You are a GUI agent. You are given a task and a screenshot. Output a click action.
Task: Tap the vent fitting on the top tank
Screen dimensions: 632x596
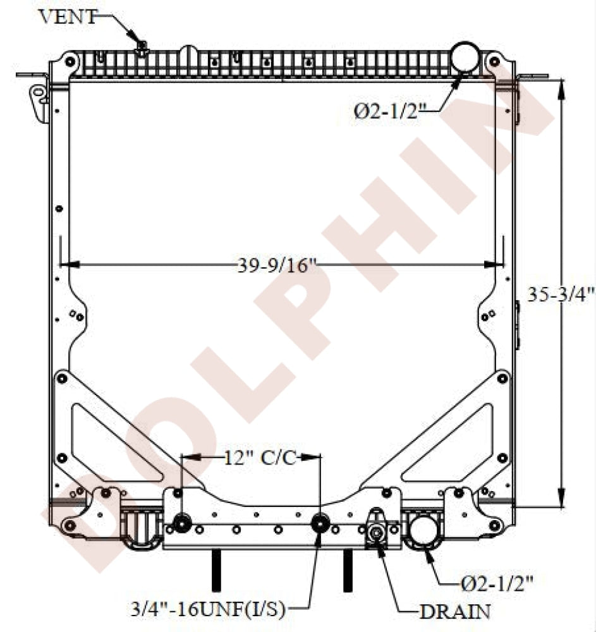[142, 46]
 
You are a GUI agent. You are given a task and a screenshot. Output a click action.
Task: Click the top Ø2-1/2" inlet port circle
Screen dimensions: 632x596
[466, 56]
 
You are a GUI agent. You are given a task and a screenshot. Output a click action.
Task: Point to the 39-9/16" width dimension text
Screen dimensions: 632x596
[276, 266]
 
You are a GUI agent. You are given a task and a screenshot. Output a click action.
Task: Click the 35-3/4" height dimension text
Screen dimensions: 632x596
[561, 294]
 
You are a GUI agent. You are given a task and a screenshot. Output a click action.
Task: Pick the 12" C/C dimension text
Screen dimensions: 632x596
[258, 458]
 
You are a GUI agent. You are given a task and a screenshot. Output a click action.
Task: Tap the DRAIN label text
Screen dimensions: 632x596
[454, 611]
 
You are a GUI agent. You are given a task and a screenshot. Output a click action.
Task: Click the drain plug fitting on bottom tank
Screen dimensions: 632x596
[377, 532]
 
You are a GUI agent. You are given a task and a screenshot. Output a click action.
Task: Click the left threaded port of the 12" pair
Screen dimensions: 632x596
[183, 523]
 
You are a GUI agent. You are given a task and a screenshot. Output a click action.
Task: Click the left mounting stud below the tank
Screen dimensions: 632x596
[216, 570]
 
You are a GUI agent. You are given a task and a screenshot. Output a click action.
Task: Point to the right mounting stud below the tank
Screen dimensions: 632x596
[347, 570]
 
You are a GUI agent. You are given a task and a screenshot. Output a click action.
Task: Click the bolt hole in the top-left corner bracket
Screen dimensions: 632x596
[70, 62]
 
